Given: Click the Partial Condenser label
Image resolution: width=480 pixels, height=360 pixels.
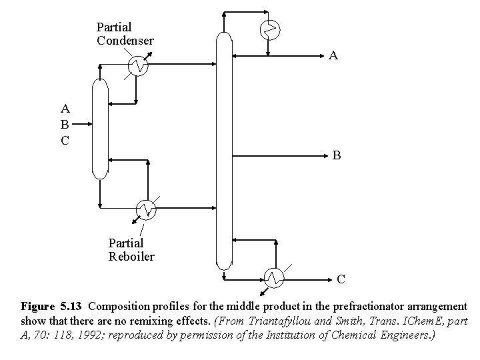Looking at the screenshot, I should click(125, 34).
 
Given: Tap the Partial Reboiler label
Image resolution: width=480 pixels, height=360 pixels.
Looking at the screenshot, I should click(131, 250).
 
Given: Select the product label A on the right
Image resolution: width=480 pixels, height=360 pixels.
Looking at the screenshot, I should click(333, 57).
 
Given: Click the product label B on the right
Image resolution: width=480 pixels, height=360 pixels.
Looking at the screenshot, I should click(337, 155).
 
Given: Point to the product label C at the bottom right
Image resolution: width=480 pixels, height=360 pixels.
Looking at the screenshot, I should click(341, 279).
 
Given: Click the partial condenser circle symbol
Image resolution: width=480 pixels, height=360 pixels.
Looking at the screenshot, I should click(137, 65).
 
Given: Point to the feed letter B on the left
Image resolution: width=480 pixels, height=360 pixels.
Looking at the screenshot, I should click(65, 124).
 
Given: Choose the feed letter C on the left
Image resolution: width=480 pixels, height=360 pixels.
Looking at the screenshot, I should click(65, 140).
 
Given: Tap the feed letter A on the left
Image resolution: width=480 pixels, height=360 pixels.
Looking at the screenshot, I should click(65, 108).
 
